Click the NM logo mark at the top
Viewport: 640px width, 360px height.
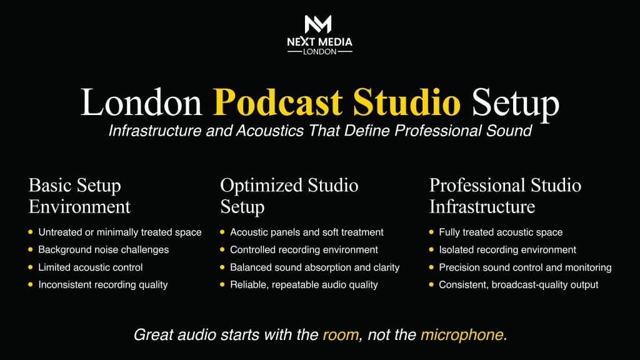pyautogui.click(x=318, y=24)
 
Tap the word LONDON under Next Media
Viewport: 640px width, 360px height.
pyautogui.click(x=319, y=52)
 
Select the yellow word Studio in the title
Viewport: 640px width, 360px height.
pyautogui.click(x=406, y=102)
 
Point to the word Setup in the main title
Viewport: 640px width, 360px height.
pyautogui.click(x=515, y=104)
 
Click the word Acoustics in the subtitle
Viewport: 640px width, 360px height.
pyautogui.click(x=270, y=131)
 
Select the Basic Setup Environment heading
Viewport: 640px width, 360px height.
pyautogui.click(x=79, y=196)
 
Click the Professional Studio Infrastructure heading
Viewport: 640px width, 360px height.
pyautogui.click(x=505, y=196)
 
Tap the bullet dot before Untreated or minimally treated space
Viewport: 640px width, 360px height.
pyautogui.click(x=31, y=232)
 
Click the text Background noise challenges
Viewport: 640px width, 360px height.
pyautogui.click(x=103, y=250)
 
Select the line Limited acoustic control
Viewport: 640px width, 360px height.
pyautogui.click(x=90, y=267)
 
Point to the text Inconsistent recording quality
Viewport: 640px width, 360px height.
pyautogui.click(x=103, y=285)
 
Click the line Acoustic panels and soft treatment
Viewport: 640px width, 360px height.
pyautogui.click(x=306, y=232)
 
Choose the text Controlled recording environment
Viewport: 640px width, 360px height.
pyautogui.click(x=304, y=250)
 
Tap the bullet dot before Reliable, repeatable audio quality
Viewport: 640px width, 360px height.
pyautogui.click(x=222, y=284)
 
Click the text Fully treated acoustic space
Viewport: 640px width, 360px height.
pyautogui.click(x=501, y=232)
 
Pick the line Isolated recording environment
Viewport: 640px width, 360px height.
pyautogui.click(x=507, y=250)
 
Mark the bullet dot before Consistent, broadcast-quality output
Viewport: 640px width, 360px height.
pyautogui.click(x=431, y=284)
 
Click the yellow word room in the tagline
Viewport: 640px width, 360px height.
pyautogui.click(x=341, y=335)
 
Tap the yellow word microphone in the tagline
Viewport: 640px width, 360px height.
pyautogui.click(x=462, y=335)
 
